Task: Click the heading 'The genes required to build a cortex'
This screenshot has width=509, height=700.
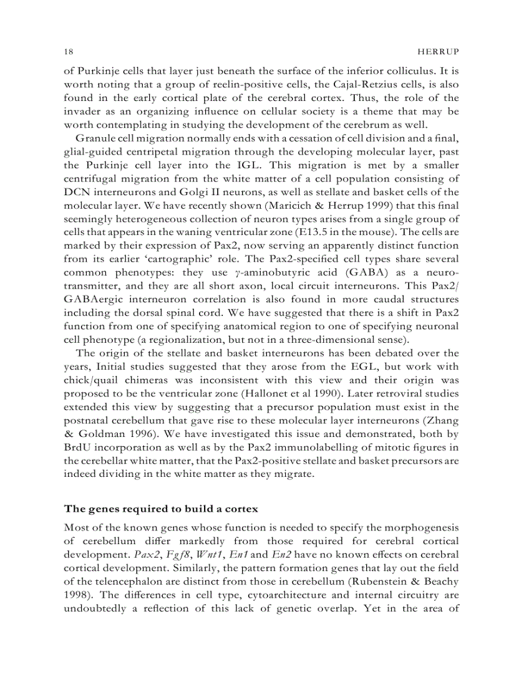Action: [x=161, y=509]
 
